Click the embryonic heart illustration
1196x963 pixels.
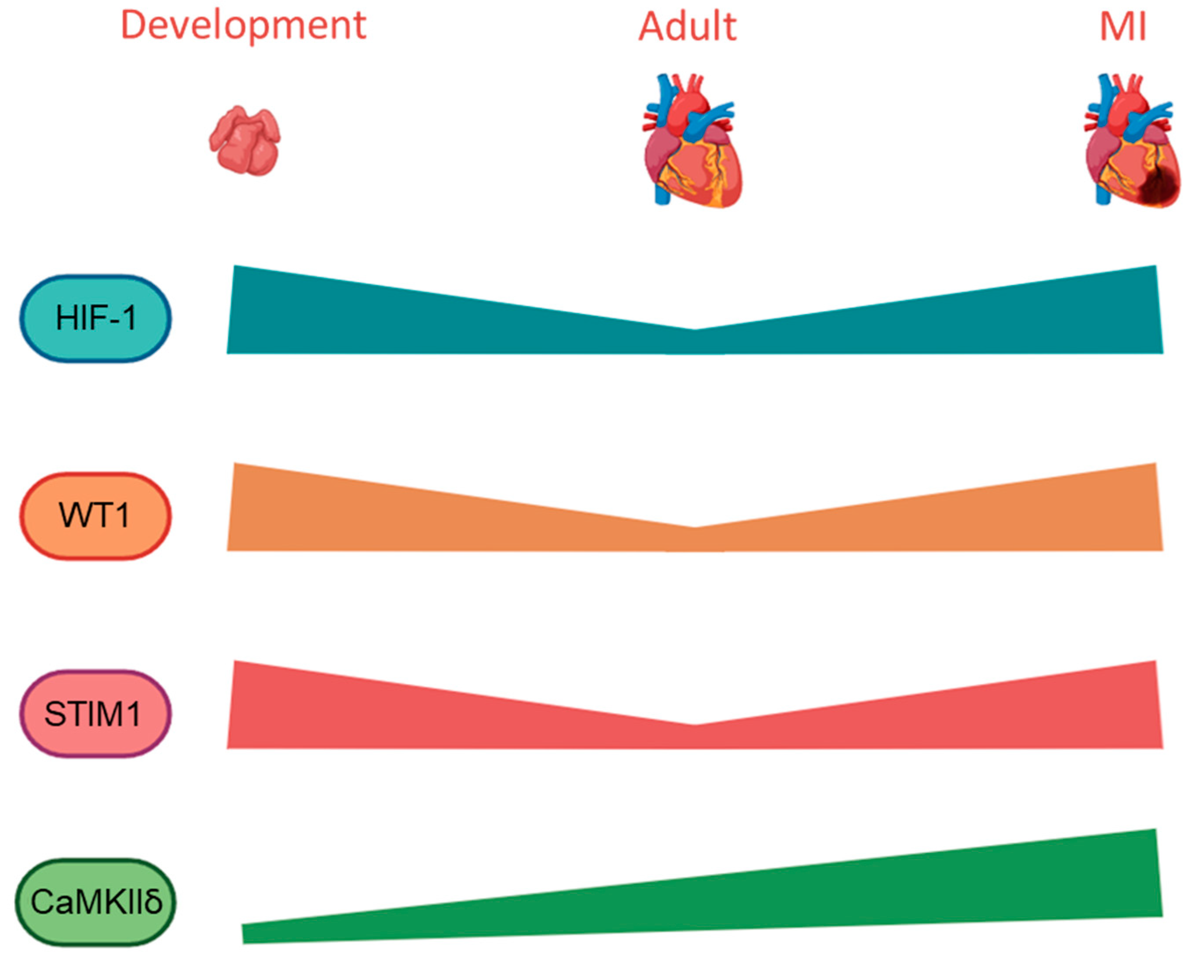(245, 141)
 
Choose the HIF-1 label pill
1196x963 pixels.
(95, 319)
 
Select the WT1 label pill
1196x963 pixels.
(95, 516)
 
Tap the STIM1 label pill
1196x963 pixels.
(95, 714)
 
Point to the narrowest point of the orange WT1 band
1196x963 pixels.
(695, 539)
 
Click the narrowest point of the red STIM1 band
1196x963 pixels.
(695, 737)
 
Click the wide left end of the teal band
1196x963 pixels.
(244, 311)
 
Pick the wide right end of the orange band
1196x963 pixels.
(1143, 508)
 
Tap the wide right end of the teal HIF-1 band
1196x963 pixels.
(1143, 311)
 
